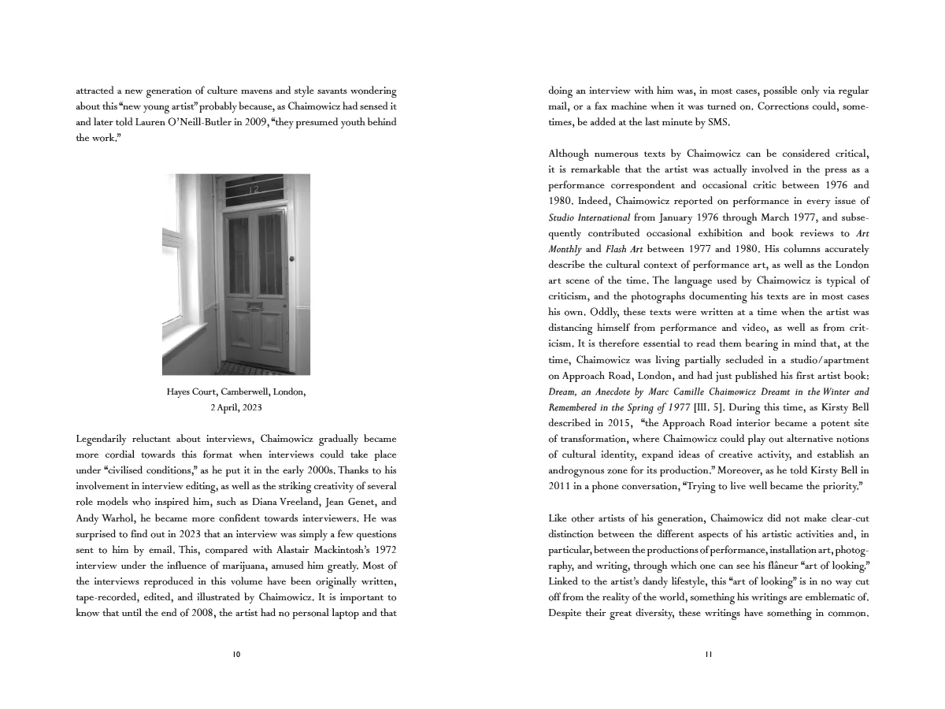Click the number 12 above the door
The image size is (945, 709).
[x=254, y=190]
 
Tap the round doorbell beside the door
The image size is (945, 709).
[x=291, y=259]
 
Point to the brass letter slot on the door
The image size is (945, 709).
[x=254, y=305]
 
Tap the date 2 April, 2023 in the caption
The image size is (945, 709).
[x=235, y=407]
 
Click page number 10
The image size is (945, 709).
[x=236, y=654]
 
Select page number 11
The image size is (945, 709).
[x=709, y=654]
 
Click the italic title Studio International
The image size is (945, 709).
[x=589, y=217]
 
